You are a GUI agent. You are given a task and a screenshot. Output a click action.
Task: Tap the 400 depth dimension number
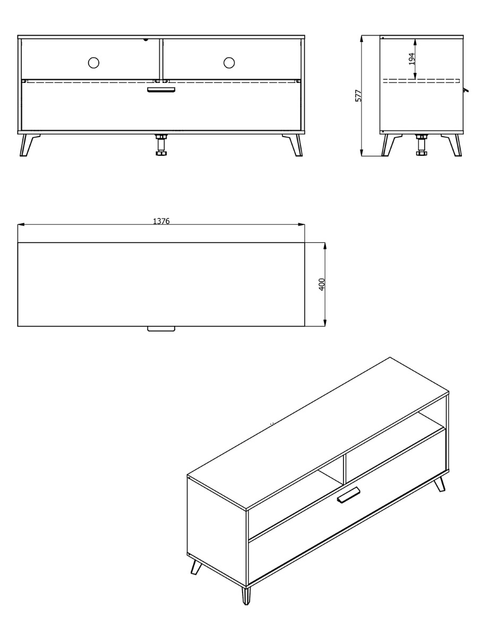[322, 284]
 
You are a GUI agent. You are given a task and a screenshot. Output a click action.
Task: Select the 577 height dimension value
[358, 95]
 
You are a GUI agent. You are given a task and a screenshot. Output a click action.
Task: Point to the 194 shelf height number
[412, 58]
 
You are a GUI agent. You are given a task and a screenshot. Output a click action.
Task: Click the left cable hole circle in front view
[93, 63]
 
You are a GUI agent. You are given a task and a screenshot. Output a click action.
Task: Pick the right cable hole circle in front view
[229, 63]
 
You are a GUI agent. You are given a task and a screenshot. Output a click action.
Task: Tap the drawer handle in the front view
[161, 89]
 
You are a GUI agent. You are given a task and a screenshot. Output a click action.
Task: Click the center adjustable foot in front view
[161, 145]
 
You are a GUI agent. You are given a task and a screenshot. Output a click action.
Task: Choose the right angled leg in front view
[293, 145]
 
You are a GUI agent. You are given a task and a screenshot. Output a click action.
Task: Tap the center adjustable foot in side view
[421, 145]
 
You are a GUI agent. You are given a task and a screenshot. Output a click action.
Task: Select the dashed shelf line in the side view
[422, 81]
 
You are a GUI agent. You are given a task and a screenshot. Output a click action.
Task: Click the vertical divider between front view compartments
[161, 58]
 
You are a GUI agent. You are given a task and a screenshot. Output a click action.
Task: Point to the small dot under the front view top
[145, 39]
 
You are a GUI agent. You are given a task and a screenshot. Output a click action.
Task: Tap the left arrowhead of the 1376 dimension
[21, 225]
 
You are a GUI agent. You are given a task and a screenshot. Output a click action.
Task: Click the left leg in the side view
[391, 145]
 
